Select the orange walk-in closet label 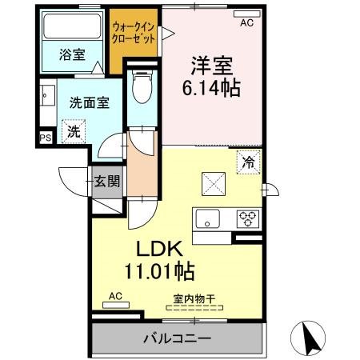tap(135, 33)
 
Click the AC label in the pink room tap(246, 23)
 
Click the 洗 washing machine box tap(73, 132)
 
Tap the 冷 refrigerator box tap(249, 161)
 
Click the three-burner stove tap(247, 217)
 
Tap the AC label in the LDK tap(114, 295)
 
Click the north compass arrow tap(311, 338)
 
